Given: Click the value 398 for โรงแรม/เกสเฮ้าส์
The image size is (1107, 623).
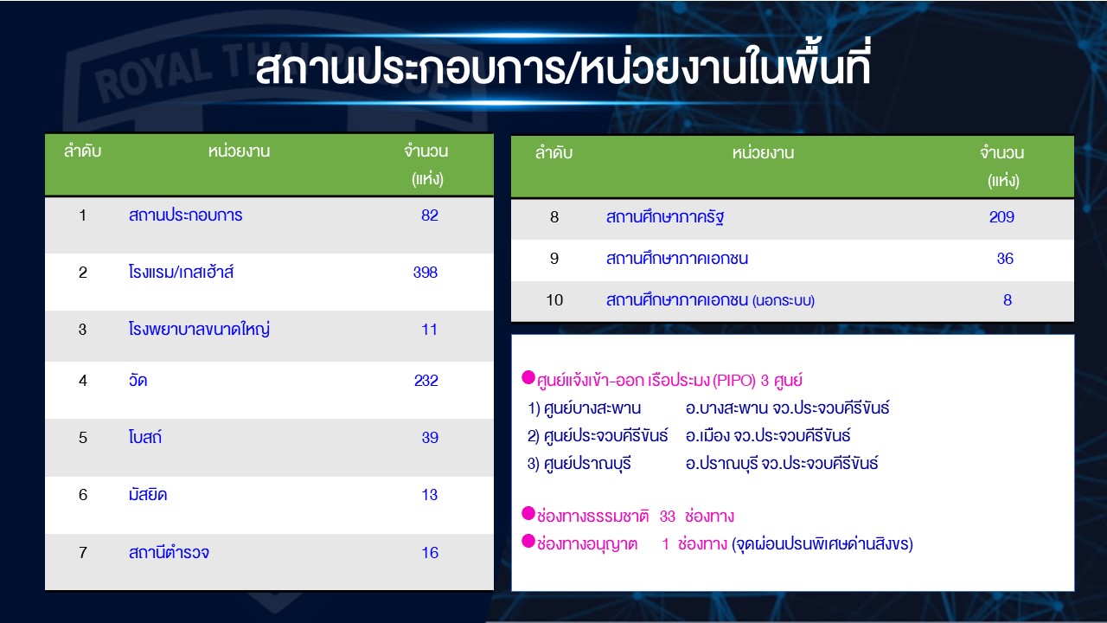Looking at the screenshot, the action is click(426, 272).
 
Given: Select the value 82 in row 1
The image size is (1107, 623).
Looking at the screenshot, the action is click(430, 215).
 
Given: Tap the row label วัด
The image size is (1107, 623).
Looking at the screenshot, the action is click(138, 380).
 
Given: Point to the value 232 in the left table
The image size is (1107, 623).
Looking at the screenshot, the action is click(426, 380).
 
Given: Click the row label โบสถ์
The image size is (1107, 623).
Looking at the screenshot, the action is click(144, 437).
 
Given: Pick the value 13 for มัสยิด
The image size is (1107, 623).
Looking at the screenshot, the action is click(430, 494).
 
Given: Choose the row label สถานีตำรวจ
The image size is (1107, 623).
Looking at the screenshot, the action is click(169, 552).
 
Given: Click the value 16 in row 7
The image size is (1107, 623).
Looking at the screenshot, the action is click(430, 552).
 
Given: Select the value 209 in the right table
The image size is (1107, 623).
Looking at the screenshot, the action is click(1001, 216).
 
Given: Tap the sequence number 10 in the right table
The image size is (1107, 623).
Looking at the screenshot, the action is click(554, 299).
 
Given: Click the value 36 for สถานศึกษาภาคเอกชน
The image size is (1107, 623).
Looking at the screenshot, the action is click(1005, 258).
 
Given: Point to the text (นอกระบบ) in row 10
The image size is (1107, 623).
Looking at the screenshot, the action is click(784, 300).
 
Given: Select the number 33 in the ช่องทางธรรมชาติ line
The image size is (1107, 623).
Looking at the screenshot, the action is click(667, 517).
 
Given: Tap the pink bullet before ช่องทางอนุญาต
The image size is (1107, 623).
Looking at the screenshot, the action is click(528, 542).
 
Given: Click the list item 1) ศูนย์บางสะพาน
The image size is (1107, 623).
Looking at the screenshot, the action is click(584, 408).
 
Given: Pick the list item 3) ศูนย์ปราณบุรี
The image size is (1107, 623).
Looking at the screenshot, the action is click(579, 463).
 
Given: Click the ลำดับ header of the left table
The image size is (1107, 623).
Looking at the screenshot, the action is click(82, 151).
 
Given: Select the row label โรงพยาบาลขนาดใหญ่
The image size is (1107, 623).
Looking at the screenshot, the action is click(199, 330).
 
